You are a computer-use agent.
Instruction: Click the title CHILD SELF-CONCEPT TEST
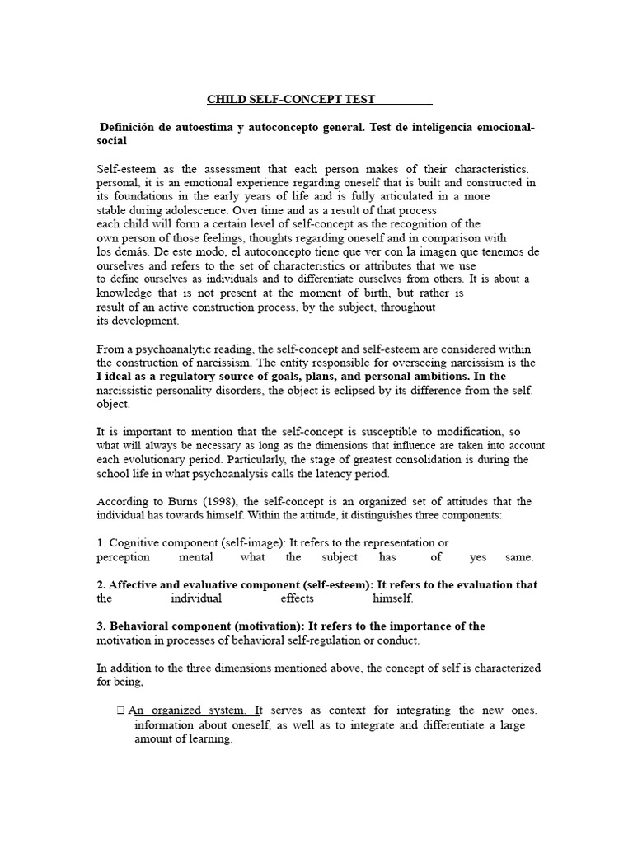[x=290, y=100]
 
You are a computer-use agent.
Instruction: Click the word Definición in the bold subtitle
[x=130, y=128]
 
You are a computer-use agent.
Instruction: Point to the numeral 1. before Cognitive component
[x=101, y=543]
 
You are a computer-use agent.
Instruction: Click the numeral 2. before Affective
[x=101, y=585]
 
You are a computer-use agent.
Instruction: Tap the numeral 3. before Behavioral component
[x=101, y=626]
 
